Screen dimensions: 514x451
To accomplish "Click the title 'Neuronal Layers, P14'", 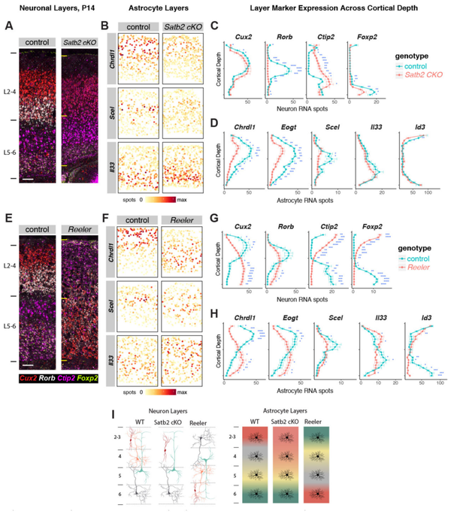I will [x=48, y=8].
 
